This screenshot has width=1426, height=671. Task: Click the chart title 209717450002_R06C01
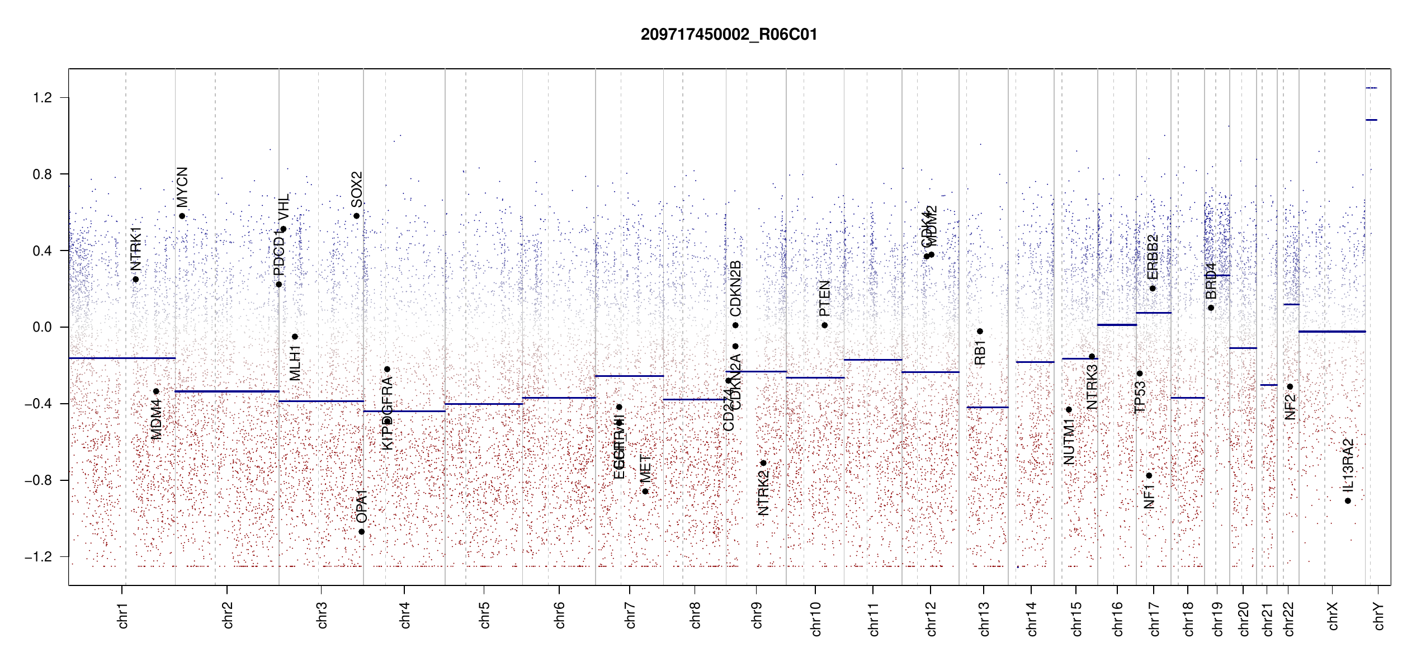click(x=729, y=35)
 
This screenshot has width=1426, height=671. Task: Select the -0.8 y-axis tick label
click(x=38, y=480)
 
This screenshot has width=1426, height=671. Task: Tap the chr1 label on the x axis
click(x=123, y=615)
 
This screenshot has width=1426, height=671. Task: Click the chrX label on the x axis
click(x=1333, y=616)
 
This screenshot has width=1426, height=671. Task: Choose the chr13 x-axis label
click(x=984, y=618)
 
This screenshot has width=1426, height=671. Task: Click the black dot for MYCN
click(x=182, y=216)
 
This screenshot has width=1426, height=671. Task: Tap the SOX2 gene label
click(x=357, y=190)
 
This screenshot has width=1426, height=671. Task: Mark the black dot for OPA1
click(x=362, y=532)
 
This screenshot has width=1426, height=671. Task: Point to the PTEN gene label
click(x=824, y=299)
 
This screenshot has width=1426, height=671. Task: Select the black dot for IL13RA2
click(x=1348, y=501)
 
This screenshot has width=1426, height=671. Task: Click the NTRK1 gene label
click(x=136, y=249)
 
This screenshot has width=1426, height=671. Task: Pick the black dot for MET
click(x=645, y=492)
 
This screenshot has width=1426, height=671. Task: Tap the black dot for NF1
click(x=1149, y=476)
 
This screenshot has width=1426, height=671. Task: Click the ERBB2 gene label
click(x=1153, y=257)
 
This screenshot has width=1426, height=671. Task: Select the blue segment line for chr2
click(x=227, y=391)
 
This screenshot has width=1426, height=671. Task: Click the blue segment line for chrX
click(x=1332, y=332)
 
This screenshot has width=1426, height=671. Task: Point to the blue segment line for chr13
click(x=988, y=407)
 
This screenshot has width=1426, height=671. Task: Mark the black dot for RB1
click(x=980, y=332)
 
